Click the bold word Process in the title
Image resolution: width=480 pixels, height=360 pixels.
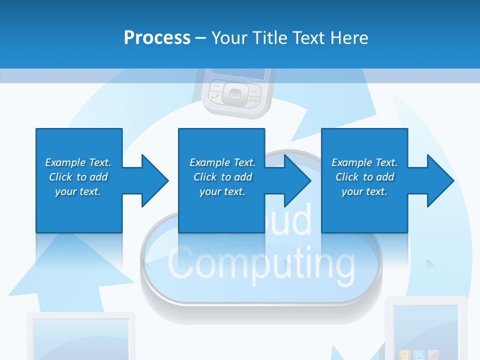click(x=157, y=38)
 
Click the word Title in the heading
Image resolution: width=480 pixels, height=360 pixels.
click(x=270, y=38)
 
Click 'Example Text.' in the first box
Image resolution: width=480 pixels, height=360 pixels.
click(x=78, y=162)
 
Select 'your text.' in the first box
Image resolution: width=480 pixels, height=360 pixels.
click(x=78, y=191)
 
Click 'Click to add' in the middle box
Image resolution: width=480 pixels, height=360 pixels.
click(x=222, y=177)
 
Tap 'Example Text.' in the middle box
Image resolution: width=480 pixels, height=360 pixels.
click(x=222, y=162)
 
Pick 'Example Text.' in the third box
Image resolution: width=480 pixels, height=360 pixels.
click(x=364, y=162)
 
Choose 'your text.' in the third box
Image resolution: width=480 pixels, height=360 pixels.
click(x=364, y=191)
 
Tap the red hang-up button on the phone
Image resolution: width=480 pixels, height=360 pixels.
click(x=253, y=100)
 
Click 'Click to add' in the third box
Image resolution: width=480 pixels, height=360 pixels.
click(x=364, y=177)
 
